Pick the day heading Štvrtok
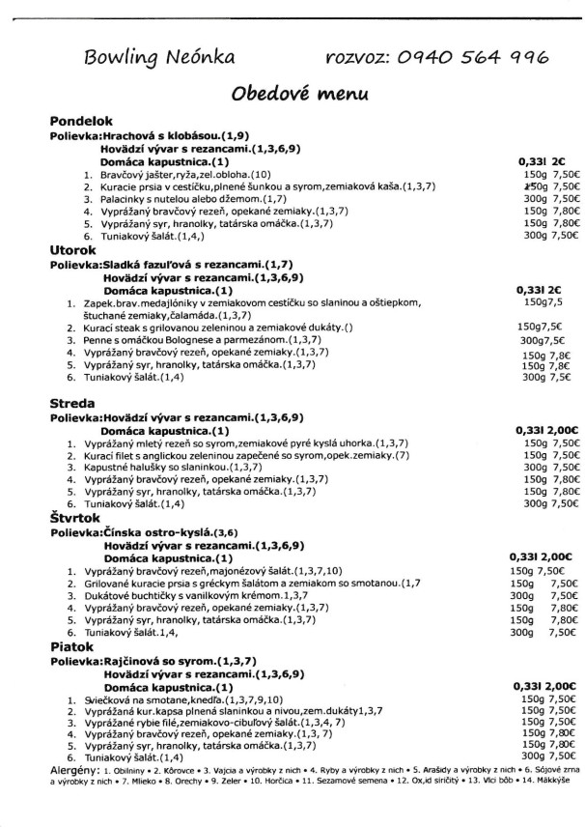[77, 518]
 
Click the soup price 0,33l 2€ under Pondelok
[542, 161]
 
